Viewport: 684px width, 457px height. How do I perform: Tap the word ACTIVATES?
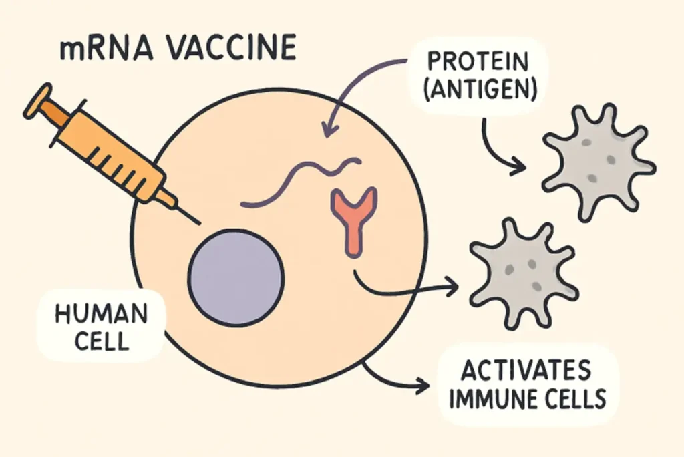coord(528,370)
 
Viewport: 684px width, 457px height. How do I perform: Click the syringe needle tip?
coord(199,221)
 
